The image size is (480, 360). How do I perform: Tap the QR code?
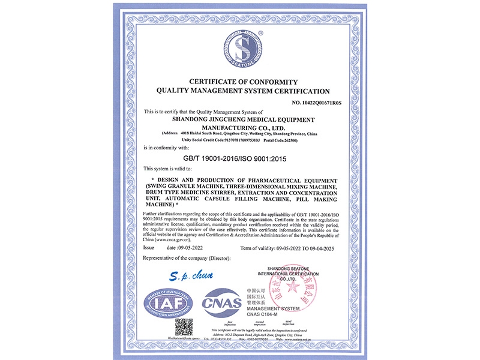click(184, 328)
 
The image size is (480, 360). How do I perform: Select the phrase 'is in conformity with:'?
click(166, 147)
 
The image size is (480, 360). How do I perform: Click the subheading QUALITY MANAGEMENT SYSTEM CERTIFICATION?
click(243, 91)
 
